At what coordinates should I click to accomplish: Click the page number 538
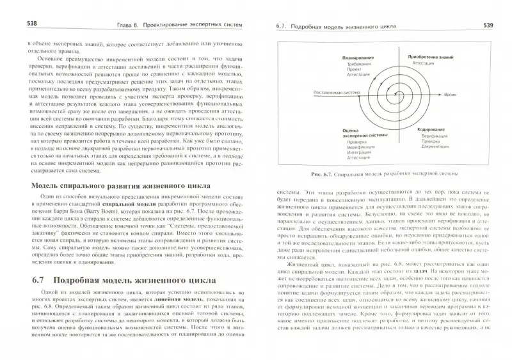tap(15, 24)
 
